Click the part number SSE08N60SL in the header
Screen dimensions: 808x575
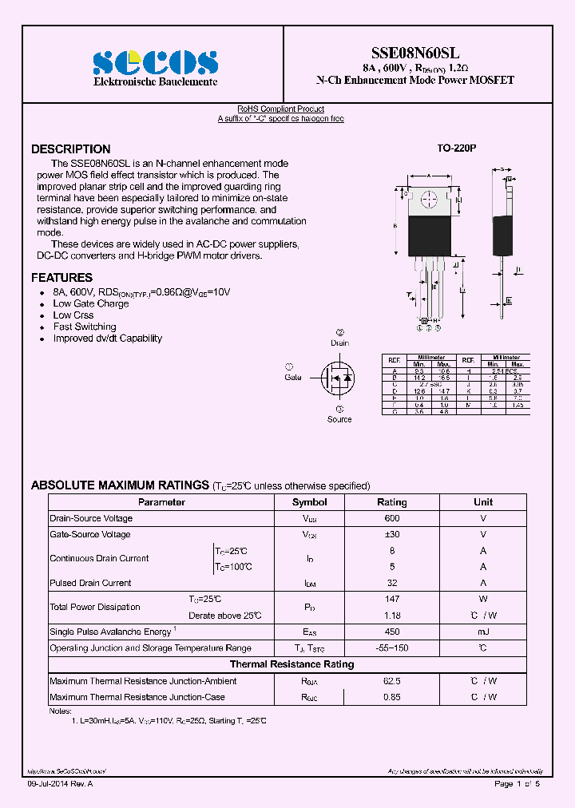click(x=415, y=50)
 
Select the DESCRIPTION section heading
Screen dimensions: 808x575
click(x=71, y=149)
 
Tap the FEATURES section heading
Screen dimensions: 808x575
click(x=61, y=278)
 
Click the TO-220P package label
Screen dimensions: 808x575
click(x=456, y=149)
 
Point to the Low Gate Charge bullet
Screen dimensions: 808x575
click(x=91, y=303)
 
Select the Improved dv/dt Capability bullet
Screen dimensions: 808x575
click(x=108, y=339)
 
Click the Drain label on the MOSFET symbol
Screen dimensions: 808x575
click(x=340, y=343)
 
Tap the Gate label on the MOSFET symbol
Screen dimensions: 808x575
click(x=293, y=377)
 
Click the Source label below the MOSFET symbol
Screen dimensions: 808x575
click(x=339, y=419)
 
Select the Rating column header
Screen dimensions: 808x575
click(x=391, y=502)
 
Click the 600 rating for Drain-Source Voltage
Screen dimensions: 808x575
click(x=391, y=518)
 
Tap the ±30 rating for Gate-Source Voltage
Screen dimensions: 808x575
click(x=391, y=534)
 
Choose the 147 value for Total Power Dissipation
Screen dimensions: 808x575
click(x=391, y=599)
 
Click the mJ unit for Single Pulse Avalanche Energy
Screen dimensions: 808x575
click(x=483, y=632)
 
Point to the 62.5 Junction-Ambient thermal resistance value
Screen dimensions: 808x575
click(x=391, y=681)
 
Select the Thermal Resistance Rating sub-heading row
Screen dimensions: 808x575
click(x=291, y=664)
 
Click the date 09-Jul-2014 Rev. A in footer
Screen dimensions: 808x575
click(x=60, y=784)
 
